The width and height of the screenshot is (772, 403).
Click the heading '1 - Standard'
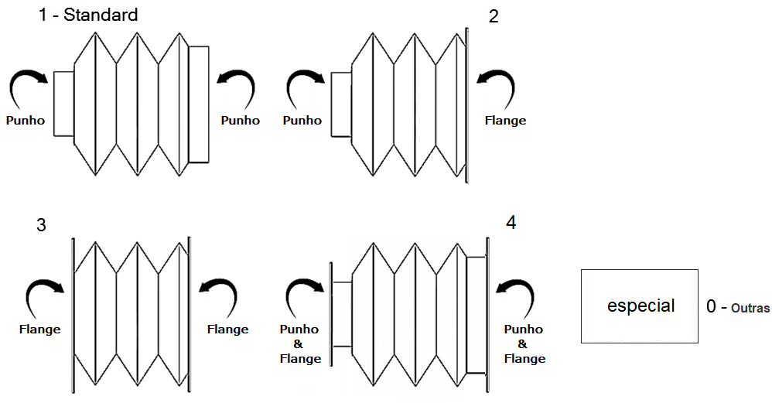[88, 14]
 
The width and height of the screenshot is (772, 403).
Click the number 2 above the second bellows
[494, 17]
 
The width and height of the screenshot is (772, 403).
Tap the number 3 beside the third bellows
[41, 225]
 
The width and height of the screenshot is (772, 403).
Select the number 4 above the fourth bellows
[511, 223]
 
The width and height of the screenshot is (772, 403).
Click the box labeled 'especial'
[640, 306]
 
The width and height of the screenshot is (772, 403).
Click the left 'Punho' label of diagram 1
[26, 121]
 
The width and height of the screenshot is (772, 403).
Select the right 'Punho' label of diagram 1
[240, 121]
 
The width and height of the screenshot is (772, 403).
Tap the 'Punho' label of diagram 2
[302, 121]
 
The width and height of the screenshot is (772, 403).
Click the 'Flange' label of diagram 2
[505, 121]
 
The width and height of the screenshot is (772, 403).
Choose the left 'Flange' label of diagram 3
[39, 330]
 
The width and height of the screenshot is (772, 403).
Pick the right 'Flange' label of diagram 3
[227, 330]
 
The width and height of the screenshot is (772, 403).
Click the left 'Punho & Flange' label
[300, 343]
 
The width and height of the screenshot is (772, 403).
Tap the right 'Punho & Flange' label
[524, 343]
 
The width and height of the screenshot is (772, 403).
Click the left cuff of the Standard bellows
[63, 102]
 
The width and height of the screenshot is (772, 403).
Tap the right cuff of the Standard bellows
[199, 103]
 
